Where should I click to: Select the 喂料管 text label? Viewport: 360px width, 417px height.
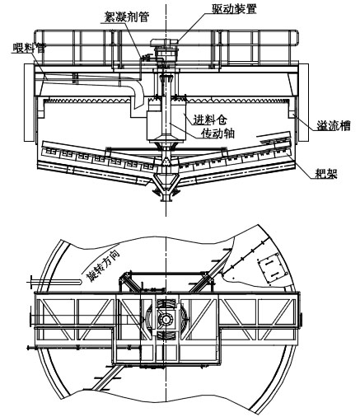[26, 49]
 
